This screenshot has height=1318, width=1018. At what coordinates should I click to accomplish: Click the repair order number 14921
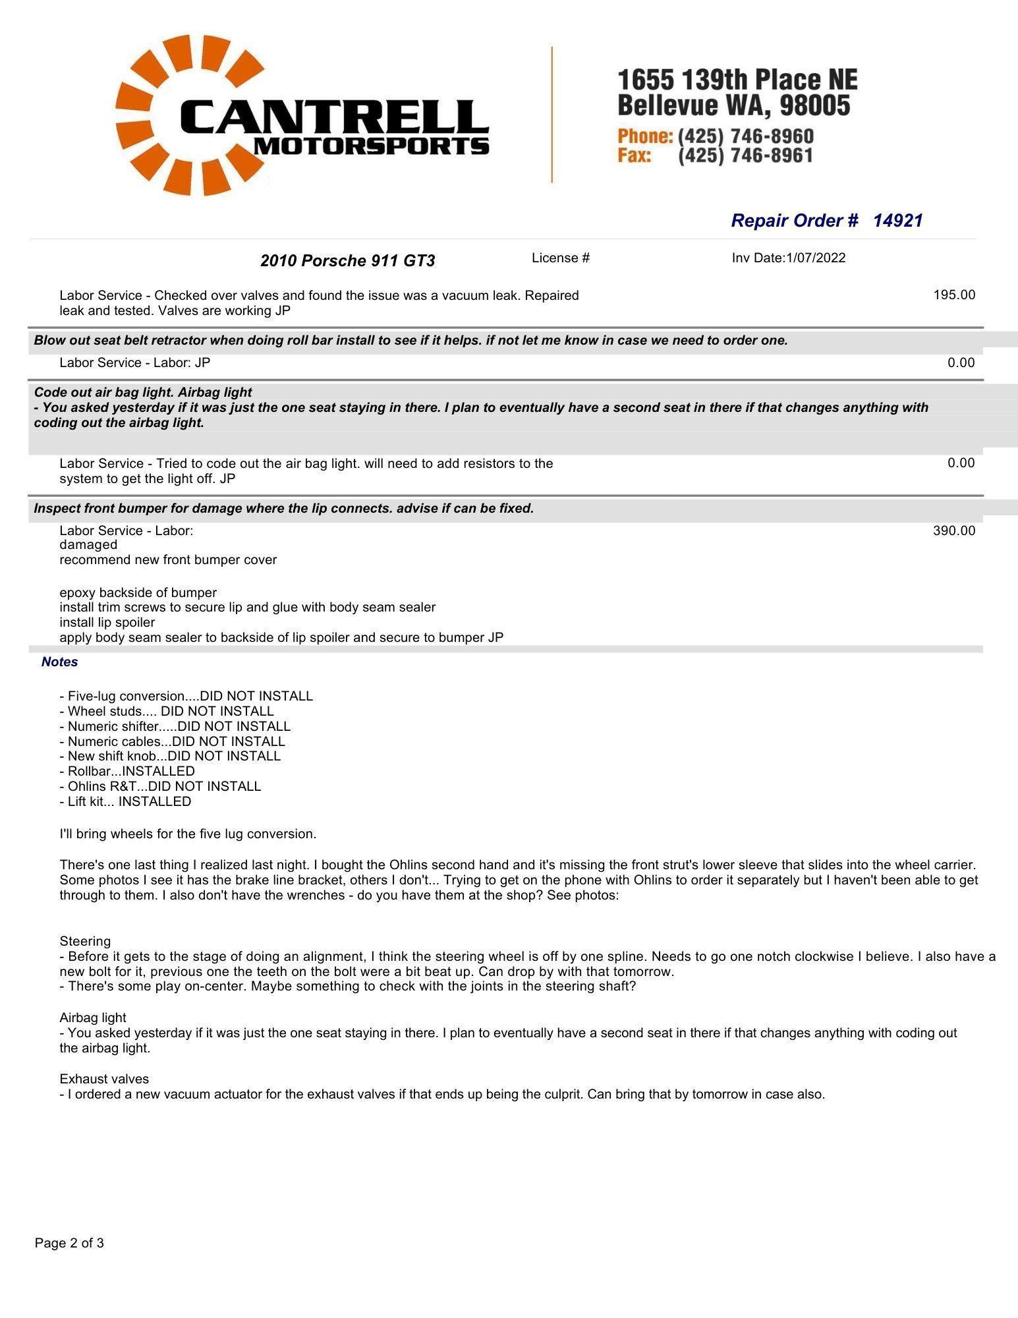[897, 221]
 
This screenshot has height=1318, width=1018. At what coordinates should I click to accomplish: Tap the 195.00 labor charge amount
[953, 295]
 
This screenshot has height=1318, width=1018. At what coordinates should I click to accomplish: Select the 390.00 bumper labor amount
[953, 530]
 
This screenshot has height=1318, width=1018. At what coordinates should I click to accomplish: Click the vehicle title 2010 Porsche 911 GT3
[347, 261]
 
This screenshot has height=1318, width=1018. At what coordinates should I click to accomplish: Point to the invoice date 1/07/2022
[815, 258]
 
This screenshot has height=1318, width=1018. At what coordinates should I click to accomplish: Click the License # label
[560, 258]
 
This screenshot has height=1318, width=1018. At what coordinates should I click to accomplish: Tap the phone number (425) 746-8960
[745, 136]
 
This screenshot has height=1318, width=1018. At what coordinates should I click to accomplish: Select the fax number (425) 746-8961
[745, 156]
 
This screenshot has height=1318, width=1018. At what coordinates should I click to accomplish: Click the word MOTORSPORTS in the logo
[371, 146]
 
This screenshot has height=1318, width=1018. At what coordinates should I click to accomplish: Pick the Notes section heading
[59, 662]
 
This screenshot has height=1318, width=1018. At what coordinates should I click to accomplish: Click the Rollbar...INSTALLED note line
[130, 771]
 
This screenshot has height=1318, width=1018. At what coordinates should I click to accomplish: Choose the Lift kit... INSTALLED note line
[129, 801]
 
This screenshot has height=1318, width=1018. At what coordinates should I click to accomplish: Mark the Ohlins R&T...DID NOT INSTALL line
[164, 786]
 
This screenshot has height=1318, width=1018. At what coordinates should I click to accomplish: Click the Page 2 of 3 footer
[69, 1243]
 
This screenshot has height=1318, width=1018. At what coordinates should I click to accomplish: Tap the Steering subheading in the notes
[85, 941]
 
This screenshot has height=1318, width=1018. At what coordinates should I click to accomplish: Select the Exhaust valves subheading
[104, 1079]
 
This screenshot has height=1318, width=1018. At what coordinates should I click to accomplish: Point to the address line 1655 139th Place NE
[737, 80]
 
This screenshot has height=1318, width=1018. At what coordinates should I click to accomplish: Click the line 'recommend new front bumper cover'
[168, 559]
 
